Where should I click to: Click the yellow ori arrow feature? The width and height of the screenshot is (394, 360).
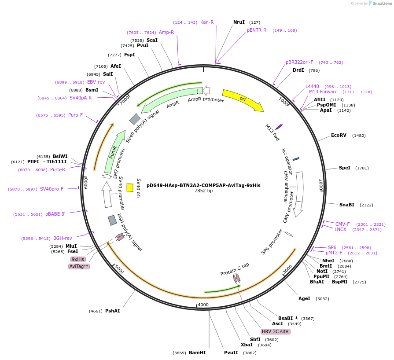pos(242,100)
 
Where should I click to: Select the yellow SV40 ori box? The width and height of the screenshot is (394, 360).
pos(130,188)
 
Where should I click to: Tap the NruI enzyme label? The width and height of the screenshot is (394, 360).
pos(239,22)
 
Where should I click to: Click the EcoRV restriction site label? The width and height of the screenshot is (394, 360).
pos(339,135)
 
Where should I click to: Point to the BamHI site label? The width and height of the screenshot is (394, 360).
pos(197,353)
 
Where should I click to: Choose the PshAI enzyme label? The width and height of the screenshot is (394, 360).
pos(112,311)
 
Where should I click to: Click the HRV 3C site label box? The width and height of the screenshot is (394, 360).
pos(275,331)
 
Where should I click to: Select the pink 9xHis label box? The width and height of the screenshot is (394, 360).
pos(78,259)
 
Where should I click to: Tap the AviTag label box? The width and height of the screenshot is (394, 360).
pos(79,266)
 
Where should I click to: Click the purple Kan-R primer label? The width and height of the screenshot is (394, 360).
pos(207,22)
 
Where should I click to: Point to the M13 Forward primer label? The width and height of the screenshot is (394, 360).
pos(323,92)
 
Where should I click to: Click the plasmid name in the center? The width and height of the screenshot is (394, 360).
pos(203,185)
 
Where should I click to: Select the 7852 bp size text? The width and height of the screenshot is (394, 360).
pos(203,191)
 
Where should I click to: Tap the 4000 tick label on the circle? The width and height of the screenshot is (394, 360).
pos(203,305)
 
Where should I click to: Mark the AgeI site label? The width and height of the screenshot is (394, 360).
pos(304,298)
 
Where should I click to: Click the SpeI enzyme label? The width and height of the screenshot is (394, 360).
pos(345,168)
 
